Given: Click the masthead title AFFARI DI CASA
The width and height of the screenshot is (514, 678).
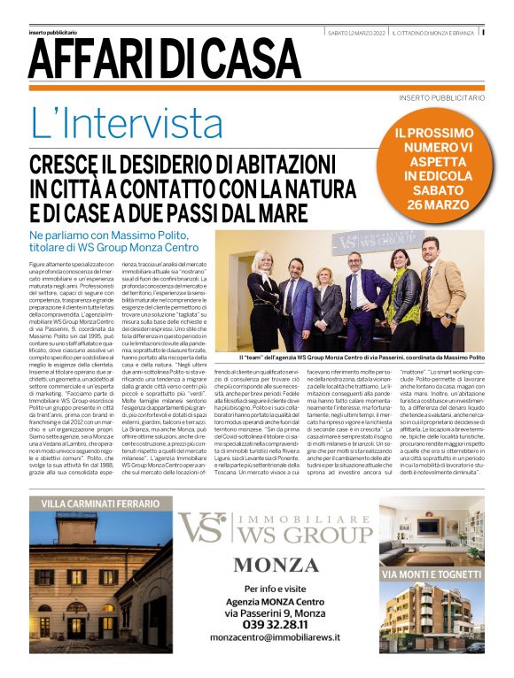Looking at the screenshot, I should pyautogui.click(x=164, y=59).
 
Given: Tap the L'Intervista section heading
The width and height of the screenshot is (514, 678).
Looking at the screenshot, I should pyautogui.click(x=127, y=124).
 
